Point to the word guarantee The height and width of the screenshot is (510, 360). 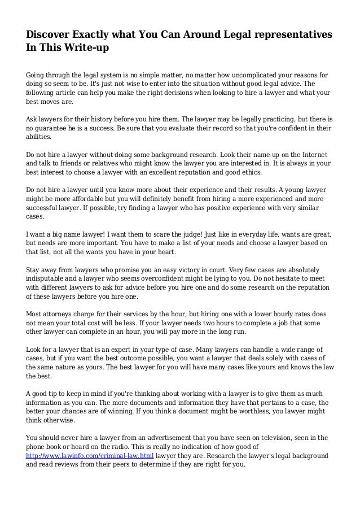[x=52, y=128]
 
